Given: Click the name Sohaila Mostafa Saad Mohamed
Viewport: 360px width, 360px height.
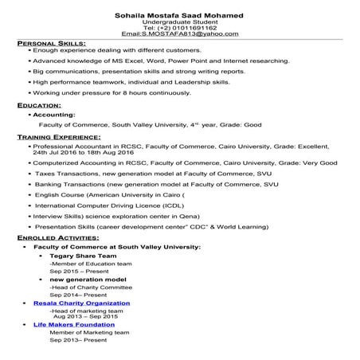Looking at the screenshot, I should click(x=179, y=15).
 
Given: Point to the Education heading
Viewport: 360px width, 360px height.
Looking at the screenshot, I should click(x=39, y=105).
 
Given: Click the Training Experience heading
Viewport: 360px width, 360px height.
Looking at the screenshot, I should click(x=60, y=138).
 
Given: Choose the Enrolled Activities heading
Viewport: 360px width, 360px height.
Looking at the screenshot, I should click(x=58, y=238).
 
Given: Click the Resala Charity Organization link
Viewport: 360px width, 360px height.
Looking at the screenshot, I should click(x=81, y=303).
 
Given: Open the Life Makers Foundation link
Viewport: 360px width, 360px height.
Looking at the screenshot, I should click(x=79, y=325).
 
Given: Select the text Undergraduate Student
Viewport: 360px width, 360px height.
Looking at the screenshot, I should click(x=179, y=22).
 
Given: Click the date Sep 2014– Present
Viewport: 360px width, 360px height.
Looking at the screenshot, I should click(x=78, y=295).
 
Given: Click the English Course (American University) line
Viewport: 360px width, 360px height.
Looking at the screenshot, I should click(x=111, y=194).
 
